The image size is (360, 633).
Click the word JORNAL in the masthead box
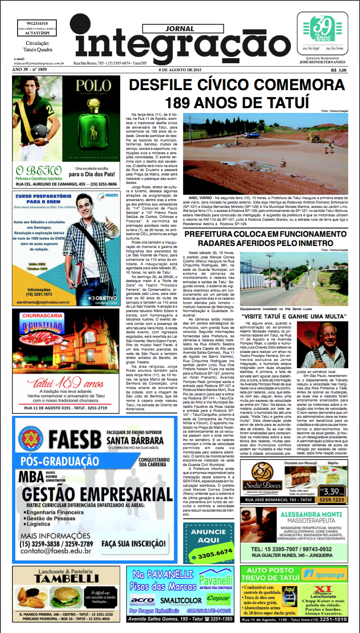point(180,29)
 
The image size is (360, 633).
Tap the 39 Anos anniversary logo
point(322,29)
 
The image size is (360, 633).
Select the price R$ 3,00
point(338,70)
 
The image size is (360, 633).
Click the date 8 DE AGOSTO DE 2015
point(180,70)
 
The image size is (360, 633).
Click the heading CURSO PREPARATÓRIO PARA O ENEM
point(43,199)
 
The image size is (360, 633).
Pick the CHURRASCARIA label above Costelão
point(42,316)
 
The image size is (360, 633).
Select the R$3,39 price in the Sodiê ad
point(331,491)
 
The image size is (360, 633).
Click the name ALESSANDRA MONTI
point(311,514)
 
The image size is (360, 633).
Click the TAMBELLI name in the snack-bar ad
point(66,579)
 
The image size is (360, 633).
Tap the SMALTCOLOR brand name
point(181,600)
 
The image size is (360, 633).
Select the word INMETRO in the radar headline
point(315,243)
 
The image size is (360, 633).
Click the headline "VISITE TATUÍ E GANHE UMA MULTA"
point(294,316)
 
